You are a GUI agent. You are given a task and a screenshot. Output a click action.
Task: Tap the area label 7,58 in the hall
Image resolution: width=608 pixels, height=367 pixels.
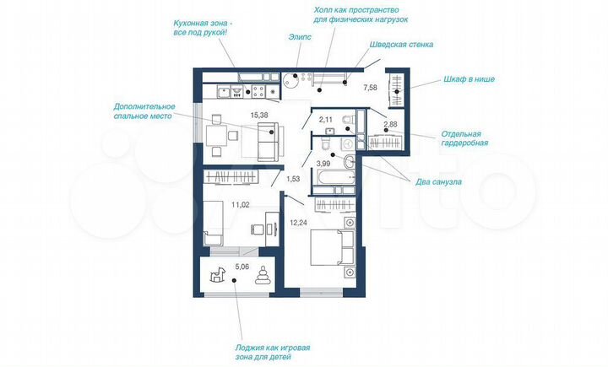[x=370, y=87]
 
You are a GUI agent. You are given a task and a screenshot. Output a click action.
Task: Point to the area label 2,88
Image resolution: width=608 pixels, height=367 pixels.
[x=391, y=126]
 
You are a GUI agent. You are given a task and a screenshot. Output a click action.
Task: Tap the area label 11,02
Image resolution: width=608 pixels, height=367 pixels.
[x=242, y=203]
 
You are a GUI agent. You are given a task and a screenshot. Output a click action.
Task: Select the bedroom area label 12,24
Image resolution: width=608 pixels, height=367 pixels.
[x=299, y=223]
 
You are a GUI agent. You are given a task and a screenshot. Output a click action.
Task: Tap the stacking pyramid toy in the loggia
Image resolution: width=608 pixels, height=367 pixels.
[x=264, y=277]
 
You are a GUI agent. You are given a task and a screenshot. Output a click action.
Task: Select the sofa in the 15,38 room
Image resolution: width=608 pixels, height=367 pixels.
[x=267, y=140]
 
